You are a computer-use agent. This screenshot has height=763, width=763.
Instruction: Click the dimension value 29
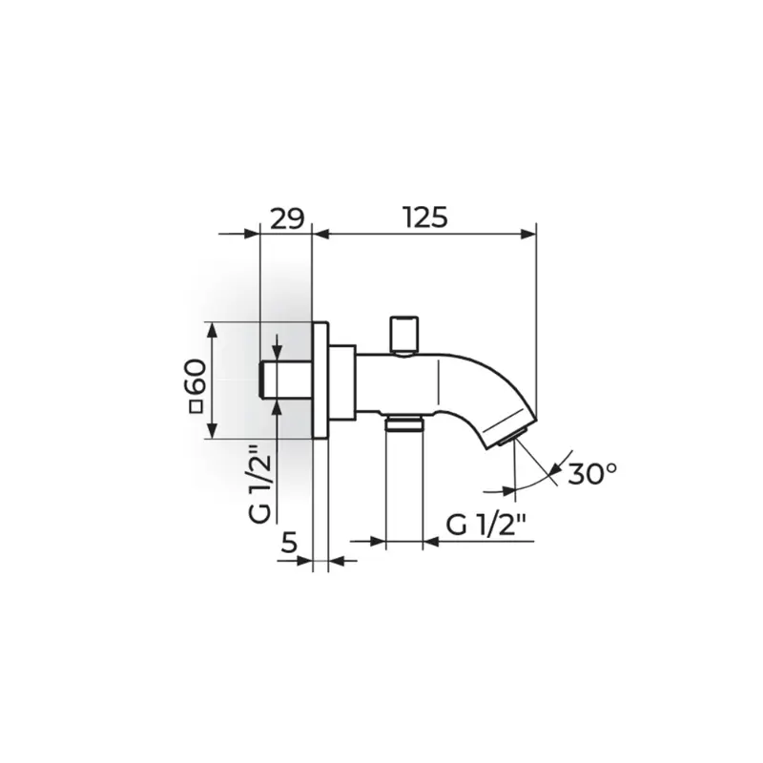287,218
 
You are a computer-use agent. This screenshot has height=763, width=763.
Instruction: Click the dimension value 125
425,217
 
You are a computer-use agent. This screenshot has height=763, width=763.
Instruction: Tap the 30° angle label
592,473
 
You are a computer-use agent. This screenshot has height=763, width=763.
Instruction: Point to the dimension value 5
289,543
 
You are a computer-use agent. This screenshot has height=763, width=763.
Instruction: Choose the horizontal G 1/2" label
486,526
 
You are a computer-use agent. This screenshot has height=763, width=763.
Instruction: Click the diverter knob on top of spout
403,335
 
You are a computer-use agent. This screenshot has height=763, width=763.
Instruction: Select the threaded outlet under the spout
403,423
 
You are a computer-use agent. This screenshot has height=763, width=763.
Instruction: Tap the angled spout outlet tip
511,437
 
